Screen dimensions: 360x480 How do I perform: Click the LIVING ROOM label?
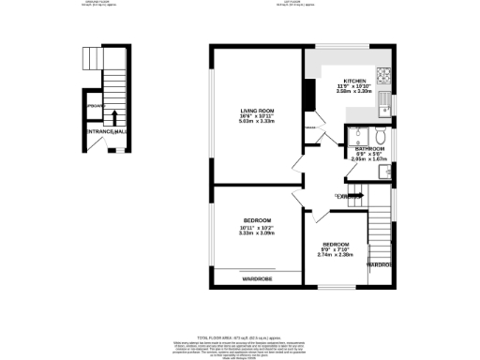pyautogui.click(x=253, y=110)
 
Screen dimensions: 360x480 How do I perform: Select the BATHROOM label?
pyautogui.click(x=367, y=148)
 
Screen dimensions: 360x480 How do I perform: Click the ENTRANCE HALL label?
pyautogui.click(x=105, y=132)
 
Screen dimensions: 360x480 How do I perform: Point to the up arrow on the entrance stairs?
pyautogui.click(x=114, y=117)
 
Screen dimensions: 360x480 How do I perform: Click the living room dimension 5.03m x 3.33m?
pyautogui.click(x=254, y=121)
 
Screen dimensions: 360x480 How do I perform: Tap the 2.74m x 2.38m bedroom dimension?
pyautogui.click(x=335, y=253)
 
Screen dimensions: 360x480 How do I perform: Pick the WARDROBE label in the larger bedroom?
pyautogui.click(x=257, y=278)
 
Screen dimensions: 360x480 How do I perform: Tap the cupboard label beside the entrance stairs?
pyautogui.click(x=94, y=106)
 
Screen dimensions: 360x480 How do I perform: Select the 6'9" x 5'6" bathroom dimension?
pyautogui.click(x=367, y=154)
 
